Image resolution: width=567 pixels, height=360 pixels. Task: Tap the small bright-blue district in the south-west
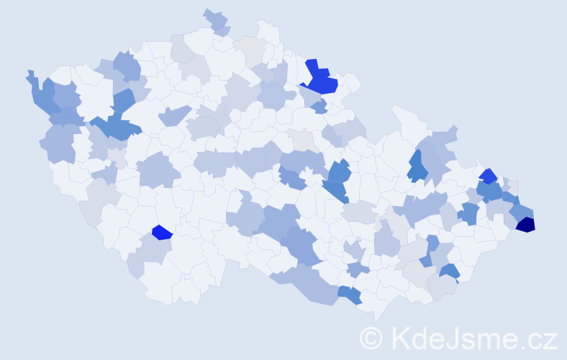click(162, 232)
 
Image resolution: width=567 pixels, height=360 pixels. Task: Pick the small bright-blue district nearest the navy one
click(488, 176)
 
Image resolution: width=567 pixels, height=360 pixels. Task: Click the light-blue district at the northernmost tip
click(217, 22)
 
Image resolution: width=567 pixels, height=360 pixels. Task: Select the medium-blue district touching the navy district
click(522, 211)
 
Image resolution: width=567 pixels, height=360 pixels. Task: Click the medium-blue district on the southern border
click(350, 294)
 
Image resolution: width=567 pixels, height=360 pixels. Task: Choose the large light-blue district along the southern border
click(309, 284)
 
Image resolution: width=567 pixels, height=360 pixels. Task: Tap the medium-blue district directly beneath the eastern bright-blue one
click(490, 192)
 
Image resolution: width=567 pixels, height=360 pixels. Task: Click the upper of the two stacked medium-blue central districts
click(339, 172)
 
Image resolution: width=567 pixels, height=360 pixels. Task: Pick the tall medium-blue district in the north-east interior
click(417, 166)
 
